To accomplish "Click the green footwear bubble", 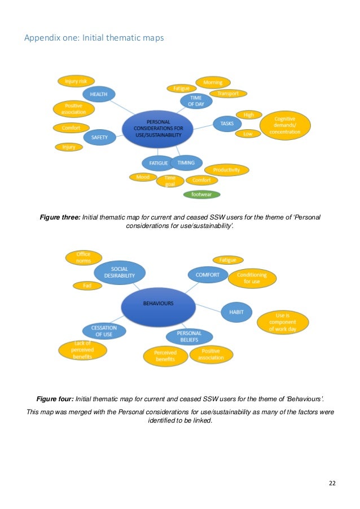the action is click(201, 195).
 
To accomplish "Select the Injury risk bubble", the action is click(76, 81).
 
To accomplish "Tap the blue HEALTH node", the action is click(99, 94).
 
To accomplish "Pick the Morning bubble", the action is click(213, 82).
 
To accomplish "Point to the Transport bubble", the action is click(228, 93).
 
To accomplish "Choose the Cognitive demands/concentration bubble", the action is click(284, 125).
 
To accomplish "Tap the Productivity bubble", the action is click(226, 170).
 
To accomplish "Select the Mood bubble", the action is click(143, 177).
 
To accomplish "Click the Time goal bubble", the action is click(170, 181).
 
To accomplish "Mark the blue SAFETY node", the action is click(99, 137).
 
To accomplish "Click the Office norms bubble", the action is click(84, 257).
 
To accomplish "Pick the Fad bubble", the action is click(87, 286).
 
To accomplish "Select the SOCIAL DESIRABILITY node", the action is click(120, 272).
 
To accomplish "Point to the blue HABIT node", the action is click(236, 311).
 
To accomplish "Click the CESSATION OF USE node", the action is click(104, 331).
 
